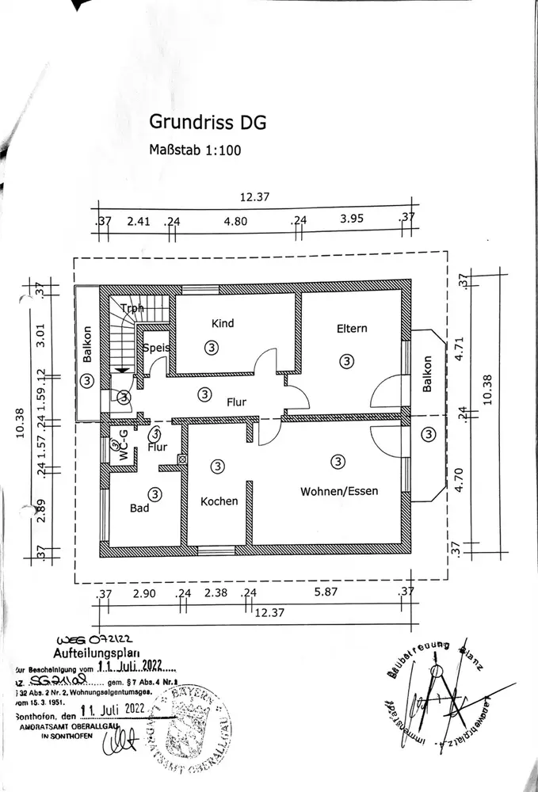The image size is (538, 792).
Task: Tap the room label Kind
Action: [222, 323]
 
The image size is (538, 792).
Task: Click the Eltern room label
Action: [351, 328]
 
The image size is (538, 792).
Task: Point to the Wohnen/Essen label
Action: [338, 491]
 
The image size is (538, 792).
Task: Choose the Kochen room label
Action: [219, 501]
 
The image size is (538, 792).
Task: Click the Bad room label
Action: [139, 508]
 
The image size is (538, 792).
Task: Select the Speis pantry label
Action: [156, 347]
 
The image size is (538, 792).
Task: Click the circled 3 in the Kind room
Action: [210, 346]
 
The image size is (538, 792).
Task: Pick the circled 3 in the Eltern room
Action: [346, 360]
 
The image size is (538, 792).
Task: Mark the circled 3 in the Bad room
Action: [155, 493]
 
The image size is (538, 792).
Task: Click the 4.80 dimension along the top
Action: [235, 222]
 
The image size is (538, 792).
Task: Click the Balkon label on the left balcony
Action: [88, 346]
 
